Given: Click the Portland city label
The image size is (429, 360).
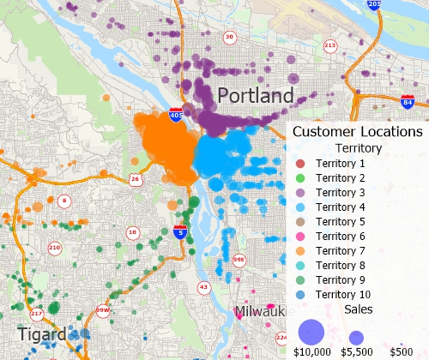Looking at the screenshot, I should coord(256,95).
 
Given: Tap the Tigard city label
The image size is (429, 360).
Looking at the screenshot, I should coord(41,334).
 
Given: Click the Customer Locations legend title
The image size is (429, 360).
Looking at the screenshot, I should coord(357,132).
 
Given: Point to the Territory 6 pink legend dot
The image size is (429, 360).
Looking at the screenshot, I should coord(300,236).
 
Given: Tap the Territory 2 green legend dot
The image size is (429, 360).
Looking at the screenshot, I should coord(300,177).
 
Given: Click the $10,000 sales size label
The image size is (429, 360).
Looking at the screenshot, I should coord(311,351).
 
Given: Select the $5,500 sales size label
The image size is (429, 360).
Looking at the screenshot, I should coord(356,351).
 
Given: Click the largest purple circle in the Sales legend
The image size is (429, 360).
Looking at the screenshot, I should coord(311,331).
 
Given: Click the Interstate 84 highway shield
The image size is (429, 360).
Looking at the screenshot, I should coord(406,104).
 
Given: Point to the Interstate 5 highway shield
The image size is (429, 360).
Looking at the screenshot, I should coord(179,231).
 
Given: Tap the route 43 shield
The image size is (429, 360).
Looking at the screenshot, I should coord(203,286).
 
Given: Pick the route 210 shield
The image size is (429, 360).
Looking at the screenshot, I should coord(54,249).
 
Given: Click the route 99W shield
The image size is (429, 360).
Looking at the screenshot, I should coord(102,311).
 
